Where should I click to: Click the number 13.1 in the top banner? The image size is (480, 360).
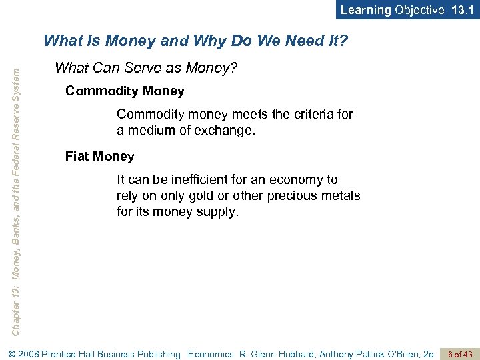point(461,10)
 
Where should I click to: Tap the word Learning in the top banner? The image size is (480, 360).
point(365,10)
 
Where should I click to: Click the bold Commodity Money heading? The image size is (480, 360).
point(125,91)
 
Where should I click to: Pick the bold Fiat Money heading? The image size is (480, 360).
point(99,157)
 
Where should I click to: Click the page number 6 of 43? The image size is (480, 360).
point(460,354)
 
